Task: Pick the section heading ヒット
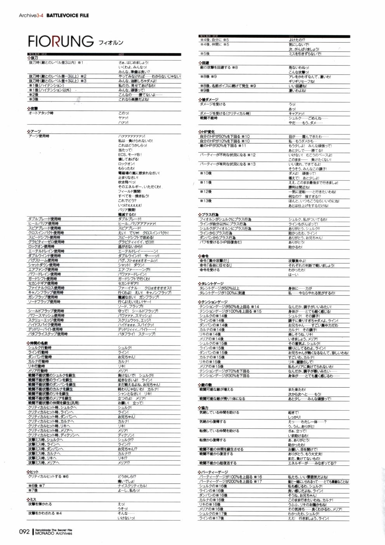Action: tap(34, 472)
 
